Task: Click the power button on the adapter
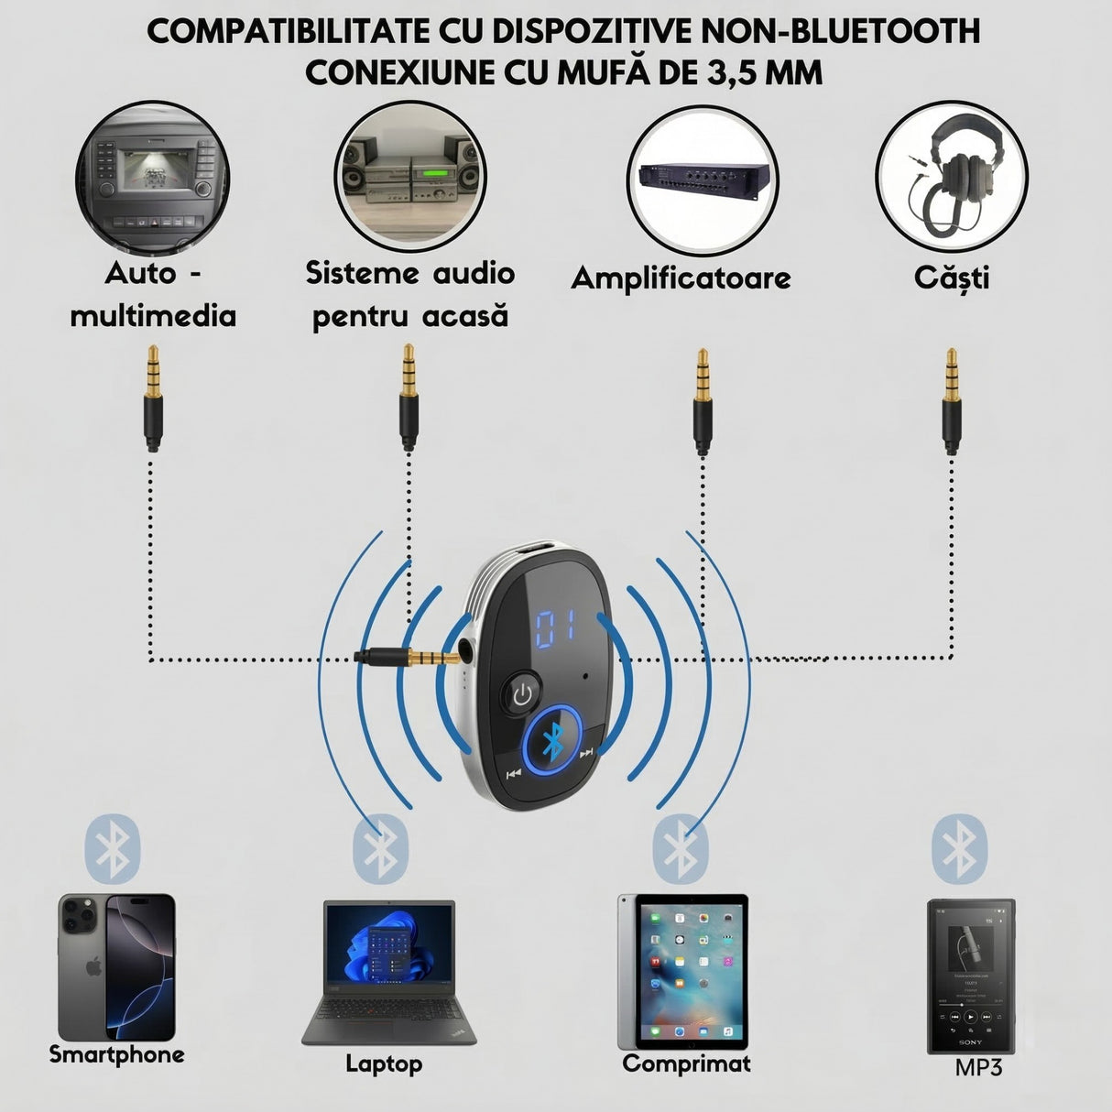[x=522, y=694]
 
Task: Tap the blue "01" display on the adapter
[x=555, y=629]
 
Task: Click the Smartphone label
[x=116, y=1054]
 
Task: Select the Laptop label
[x=384, y=1063]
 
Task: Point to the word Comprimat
[x=686, y=1063]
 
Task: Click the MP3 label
[x=978, y=1067]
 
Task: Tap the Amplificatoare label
[x=681, y=278]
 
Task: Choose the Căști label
[x=952, y=277]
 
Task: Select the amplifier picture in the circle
[x=703, y=180]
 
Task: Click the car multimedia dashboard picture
[x=152, y=179]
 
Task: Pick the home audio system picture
[x=409, y=176]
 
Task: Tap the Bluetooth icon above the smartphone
[x=113, y=848]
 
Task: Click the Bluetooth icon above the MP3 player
[x=958, y=848]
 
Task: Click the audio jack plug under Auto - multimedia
[x=153, y=398]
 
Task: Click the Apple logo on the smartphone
[x=93, y=966]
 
